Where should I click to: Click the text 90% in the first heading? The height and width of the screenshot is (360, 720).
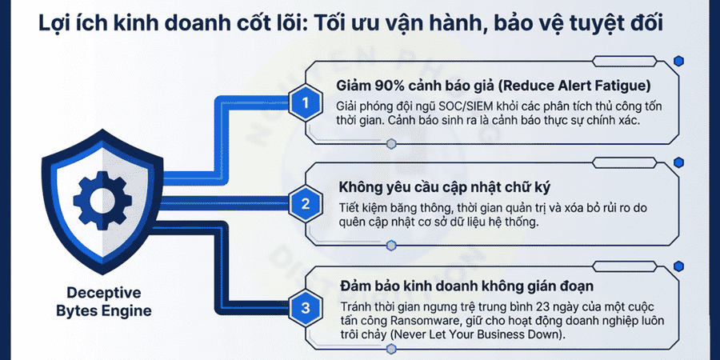391,86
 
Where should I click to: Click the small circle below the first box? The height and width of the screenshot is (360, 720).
390,144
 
